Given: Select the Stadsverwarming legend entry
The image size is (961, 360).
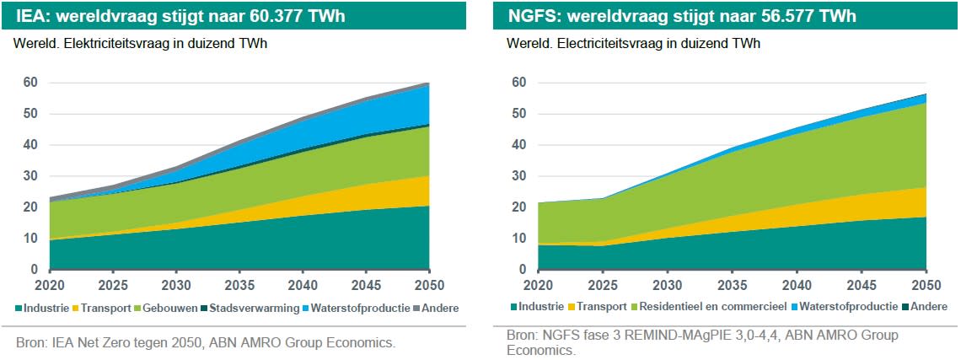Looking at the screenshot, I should tap(253, 308).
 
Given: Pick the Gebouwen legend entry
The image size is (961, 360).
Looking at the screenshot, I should tap(169, 308).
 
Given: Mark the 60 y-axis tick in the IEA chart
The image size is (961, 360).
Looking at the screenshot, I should tap(30, 83).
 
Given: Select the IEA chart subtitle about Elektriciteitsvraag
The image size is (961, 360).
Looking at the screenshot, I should tap(140, 45).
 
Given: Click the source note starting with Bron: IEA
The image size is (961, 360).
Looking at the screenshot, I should tap(206, 343).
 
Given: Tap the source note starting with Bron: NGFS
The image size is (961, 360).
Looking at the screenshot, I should tap(702, 342).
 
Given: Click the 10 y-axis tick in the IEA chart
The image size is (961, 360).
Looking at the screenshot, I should tap(30, 239).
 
